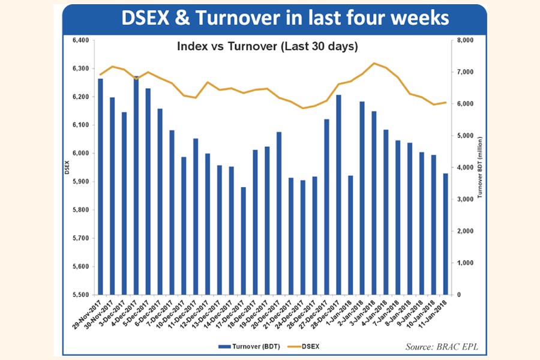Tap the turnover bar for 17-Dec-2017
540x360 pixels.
pos(243,240)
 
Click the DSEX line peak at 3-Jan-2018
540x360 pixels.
pos(374,63)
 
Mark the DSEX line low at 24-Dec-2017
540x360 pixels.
pos(302,109)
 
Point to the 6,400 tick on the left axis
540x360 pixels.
pos(80,40)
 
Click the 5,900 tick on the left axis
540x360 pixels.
pos(80,182)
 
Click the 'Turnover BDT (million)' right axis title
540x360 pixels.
pos(480,168)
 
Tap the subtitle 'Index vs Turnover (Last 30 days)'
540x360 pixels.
pos(267,46)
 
